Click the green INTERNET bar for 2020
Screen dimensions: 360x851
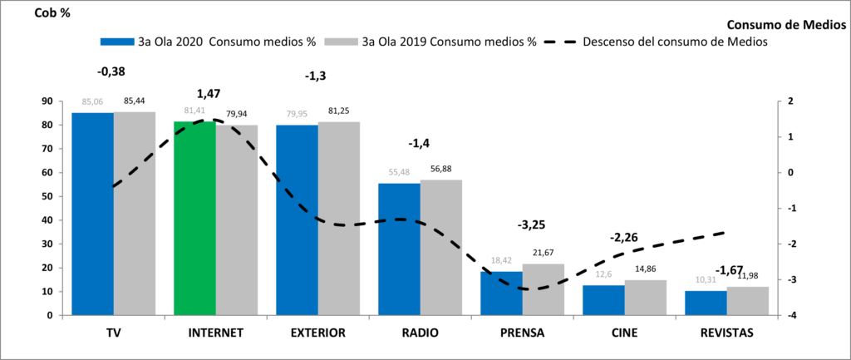[194, 218]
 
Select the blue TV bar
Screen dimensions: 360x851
[92, 214]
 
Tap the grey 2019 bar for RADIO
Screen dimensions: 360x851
[441, 247]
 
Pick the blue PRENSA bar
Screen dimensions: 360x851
[501, 293]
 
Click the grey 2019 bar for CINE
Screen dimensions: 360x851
[646, 298]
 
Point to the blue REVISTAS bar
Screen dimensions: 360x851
[706, 303]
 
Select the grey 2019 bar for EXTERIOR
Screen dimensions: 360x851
[339, 218]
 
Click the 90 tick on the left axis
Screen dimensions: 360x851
[47, 101]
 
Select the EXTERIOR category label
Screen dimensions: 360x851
[317, 333]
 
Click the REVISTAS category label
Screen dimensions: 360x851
[726, 333]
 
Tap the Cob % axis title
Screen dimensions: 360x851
[52, 13]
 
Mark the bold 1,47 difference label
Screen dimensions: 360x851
[209, 94]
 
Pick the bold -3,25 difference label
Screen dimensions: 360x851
[533, 225]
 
